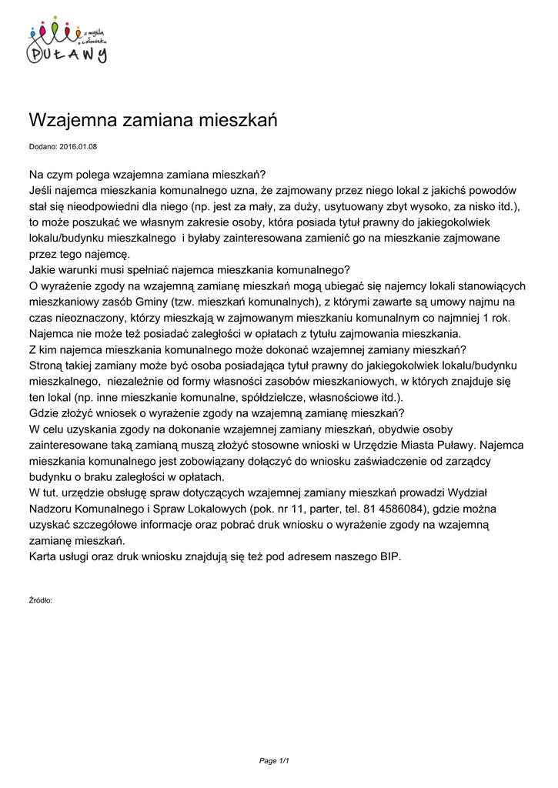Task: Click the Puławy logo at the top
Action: pos(67,43)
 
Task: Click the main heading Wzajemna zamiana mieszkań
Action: pos(152,121)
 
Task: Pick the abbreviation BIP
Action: pos(389,557)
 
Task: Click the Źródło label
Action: pos(40,599)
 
